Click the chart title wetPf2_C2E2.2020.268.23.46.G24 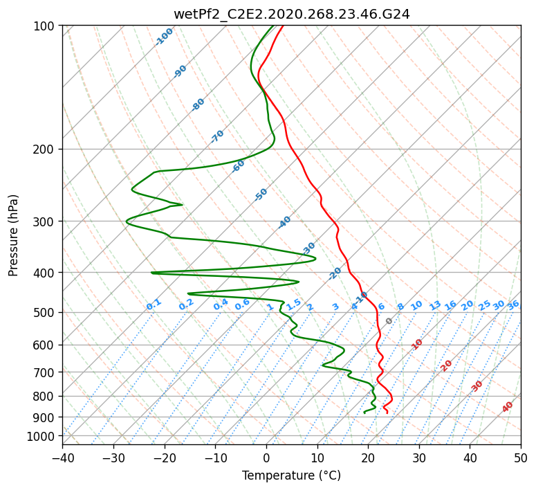(x=292, y=14)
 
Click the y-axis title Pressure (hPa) (x=12, y=235)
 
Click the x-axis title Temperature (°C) (x=291, y=475)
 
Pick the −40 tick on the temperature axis (x=62, y=457)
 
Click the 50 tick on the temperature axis (x=521, y=457)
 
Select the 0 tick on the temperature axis (x=266, y=457)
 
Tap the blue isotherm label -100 (x=164, y=37)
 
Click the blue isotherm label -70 (x=217, y=136)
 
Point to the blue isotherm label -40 (x=284, y=222)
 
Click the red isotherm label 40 (x=507, y=407)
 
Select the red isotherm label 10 (x=417, y=344)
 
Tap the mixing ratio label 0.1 (x=154, y=305)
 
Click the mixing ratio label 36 (x=513, y=305)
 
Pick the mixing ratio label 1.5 (x=294, y=305)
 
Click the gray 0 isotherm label (x=389, y=321)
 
